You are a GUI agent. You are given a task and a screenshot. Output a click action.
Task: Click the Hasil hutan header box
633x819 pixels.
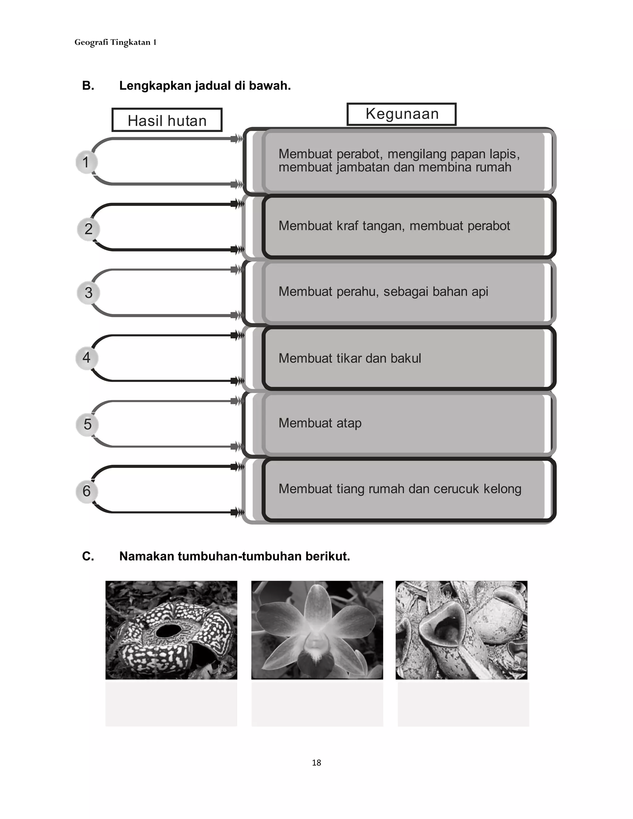(x=167, y=120)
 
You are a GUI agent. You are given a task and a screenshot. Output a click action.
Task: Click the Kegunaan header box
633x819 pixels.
(x=401, y=114)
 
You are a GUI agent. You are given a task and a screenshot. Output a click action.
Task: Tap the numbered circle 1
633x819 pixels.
(x=86, y=162)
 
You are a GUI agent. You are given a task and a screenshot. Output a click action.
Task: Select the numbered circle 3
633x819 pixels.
(x=88, y=292)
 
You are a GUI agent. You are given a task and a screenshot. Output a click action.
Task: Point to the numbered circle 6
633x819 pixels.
(x=87, y=491)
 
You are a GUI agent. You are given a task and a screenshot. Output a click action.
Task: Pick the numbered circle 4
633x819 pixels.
(x=87, y=357)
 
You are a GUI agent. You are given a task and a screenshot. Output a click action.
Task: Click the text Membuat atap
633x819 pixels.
(x=320, y=423)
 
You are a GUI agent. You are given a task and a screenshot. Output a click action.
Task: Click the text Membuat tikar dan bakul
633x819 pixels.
(x=350, y=358)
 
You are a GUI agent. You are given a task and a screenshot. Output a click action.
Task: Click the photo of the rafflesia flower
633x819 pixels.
(x=171, y=630)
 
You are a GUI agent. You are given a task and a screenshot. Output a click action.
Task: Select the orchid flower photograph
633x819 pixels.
(x=317, y=630)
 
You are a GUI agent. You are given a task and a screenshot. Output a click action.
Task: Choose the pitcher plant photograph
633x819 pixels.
(x=461, y=630)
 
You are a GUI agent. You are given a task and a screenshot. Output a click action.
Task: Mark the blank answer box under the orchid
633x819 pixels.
(x=317, y=703)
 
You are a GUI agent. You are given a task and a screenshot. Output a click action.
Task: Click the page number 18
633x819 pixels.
(x=316, y=762)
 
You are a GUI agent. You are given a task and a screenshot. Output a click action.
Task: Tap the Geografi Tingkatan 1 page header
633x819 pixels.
(x=115, y=42)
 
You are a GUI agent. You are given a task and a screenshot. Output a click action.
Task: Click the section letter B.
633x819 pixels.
(x=88, y=86)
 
